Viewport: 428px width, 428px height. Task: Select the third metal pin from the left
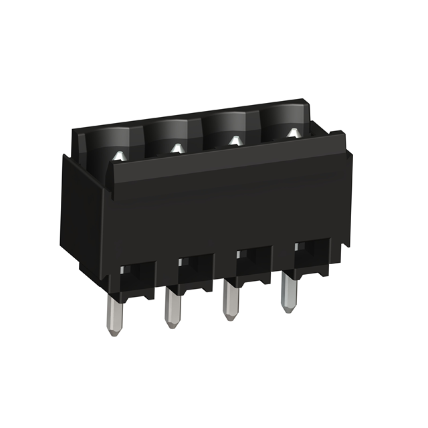point(229,297)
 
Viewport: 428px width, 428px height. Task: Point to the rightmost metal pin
point(288,290)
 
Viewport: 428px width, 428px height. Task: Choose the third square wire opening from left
point(251,261)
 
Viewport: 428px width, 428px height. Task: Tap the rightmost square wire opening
point(312,254)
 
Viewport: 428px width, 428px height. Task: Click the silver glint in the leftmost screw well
point(119,156)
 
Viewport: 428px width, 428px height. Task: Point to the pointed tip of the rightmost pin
point(288,309)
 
